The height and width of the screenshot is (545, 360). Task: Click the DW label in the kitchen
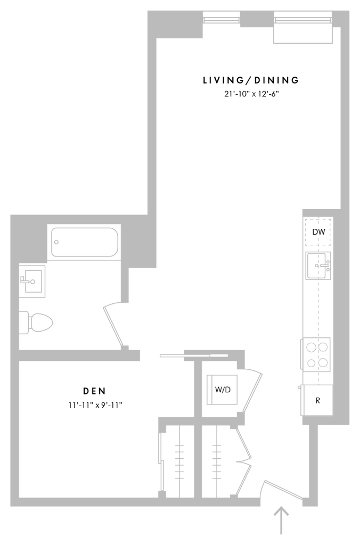point(318,232)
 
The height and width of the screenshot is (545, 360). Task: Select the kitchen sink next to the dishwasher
point(318,266)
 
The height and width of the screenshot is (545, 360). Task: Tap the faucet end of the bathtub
point(57,242)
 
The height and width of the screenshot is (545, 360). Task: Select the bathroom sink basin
point(33,280)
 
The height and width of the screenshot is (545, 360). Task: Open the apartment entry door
point(284,490)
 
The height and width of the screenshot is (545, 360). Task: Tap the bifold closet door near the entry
point(244,458)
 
